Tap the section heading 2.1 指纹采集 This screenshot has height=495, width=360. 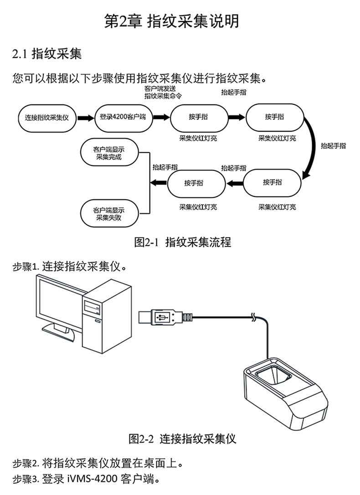coord(47,55)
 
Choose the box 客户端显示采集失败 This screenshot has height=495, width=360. coord(109,214)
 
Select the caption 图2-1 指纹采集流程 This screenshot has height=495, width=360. coord(182,242)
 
